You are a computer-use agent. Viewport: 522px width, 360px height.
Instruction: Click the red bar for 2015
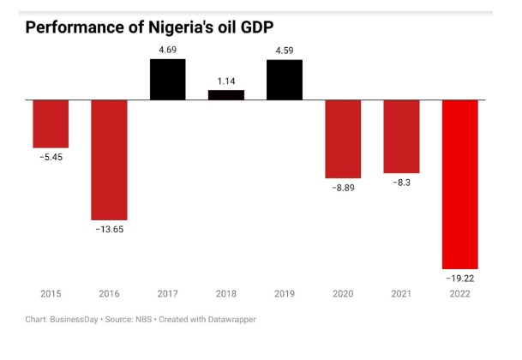(51, 123)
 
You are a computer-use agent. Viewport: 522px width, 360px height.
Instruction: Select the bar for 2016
(109, 159)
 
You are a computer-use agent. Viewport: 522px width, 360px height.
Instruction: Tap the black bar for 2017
(167, 79)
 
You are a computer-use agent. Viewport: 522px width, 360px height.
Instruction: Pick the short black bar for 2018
(225, 94)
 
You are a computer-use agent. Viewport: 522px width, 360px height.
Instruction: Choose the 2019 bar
(284, 79)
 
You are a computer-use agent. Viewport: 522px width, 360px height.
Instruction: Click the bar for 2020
(343, 138)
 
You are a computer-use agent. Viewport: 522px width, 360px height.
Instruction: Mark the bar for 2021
(401, 136)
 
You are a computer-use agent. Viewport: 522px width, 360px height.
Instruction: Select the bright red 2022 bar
(459, 183)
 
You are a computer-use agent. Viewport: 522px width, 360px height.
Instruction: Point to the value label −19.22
(459, 279)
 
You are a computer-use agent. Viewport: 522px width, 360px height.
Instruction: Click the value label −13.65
(109, 230)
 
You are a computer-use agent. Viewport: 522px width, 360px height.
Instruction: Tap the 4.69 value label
(167, 50)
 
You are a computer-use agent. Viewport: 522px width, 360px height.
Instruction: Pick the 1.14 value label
(225, 81)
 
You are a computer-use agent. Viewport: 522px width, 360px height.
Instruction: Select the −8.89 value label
(343, 187)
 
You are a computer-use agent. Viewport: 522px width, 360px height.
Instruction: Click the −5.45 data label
(51, 158)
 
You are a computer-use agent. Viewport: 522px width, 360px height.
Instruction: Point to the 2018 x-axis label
(225, 294)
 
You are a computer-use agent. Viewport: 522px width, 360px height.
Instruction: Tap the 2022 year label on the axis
(459, 294)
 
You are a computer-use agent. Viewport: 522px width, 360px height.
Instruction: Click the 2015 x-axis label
(51, 294)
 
